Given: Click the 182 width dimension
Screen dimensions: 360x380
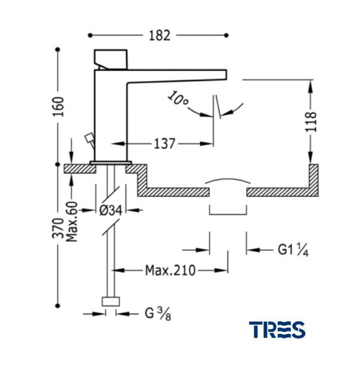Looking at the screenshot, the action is pos(160,35).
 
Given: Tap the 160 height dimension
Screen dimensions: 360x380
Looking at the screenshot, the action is pos(58,107).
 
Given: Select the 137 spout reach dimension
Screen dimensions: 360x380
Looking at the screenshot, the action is pos(164,143).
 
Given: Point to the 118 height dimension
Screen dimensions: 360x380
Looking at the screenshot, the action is pos(311,122).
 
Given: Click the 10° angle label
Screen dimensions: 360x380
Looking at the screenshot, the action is pos(178,98).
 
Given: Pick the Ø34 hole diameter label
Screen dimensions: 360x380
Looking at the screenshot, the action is pos(111,210).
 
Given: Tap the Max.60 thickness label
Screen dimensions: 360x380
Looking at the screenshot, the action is pos(72,222).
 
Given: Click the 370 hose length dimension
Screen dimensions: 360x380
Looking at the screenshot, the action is pos(58,228).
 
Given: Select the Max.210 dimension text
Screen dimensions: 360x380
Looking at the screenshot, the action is pos(170,270).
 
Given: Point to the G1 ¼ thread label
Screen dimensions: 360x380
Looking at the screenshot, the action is pos(293,250).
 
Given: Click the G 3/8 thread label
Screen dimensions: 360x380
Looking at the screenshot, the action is pos(158,313).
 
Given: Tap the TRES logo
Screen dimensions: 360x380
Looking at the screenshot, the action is pos(277,330).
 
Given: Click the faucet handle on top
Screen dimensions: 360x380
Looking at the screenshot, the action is pos(110,59).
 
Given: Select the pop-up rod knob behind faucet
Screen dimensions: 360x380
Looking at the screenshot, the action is pos(89,138).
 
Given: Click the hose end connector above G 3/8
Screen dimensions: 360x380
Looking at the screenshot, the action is pos(111,301).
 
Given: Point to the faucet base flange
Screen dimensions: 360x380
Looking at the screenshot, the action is pos(111,162).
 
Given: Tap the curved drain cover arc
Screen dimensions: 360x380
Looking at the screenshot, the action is pos(228,181).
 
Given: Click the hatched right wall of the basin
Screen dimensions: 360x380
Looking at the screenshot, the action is pos(313,180).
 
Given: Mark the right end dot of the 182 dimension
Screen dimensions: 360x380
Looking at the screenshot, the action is pos(227,35).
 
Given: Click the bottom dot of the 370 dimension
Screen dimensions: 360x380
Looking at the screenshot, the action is pos(58,306).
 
